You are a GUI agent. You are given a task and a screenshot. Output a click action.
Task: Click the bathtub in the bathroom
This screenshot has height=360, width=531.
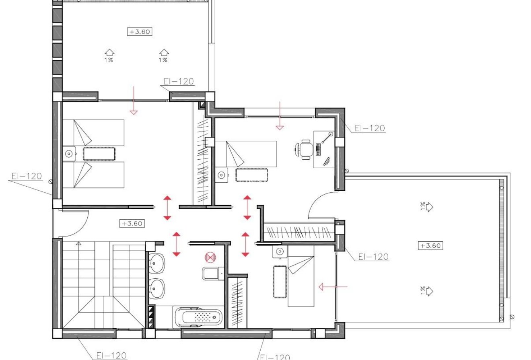[199, 318]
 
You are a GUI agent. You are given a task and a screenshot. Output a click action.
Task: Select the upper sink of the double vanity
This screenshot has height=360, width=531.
[157, 264]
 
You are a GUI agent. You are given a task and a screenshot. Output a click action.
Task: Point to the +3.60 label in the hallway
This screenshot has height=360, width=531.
[132, 224]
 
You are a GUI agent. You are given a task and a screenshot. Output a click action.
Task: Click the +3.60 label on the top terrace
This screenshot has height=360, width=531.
[140, 31]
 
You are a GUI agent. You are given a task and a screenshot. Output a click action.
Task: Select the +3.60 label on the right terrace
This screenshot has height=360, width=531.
[430, 246]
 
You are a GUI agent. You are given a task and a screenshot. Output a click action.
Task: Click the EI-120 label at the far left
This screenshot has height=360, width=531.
[27, 176]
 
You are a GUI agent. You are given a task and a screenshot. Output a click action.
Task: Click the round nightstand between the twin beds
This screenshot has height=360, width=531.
[69, 153]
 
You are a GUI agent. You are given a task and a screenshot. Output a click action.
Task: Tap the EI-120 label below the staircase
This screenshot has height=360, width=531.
[111, 356]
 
